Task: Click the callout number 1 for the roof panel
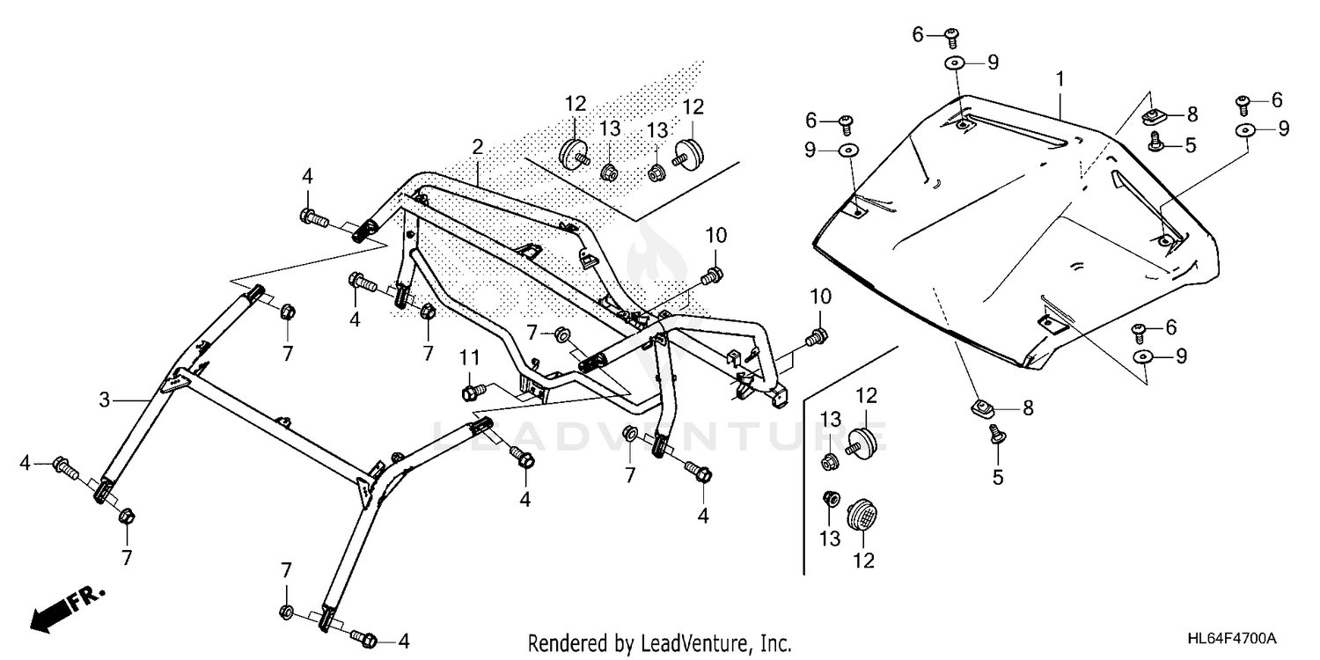click(1060, 79)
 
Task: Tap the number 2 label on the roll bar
click(477, 146)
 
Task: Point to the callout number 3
click(104, 400)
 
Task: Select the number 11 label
click(470, 359)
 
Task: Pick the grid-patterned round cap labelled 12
click(863, 515)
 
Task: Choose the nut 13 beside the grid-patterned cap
click(829, 499)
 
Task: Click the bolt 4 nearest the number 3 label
click(64, 464)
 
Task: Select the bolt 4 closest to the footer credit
click(365, 636)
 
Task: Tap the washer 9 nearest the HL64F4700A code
click(1143, 356)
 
